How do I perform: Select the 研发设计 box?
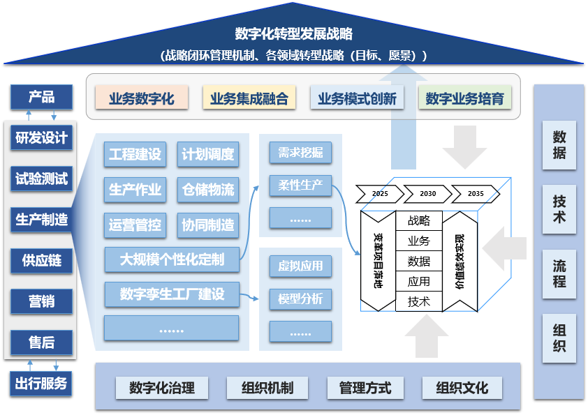pyautogui.click(x=42, y=138)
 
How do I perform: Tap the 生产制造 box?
pyautogui.click(x=42, y=220)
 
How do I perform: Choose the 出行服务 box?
pyautogui.click(x=42, y=382)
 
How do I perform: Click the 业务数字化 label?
pyautogui.click(x=141, y=98)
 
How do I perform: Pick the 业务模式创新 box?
pyautogui.click(x=357, y=98)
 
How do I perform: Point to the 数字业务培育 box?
pyautogui.click(x=464, y=98)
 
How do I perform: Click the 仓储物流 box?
pyautogui.click(x=208, y=189)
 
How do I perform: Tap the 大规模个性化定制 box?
pyautogui.click(x=172, y=259)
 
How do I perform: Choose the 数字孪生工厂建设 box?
pyautogui.click(x=172, y=294)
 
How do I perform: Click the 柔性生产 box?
pyautogui.click(x=300, y=186)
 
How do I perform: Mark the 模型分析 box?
pyautogui.click(x=300, y=299)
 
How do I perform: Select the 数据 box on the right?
pyautogui.click(x=559, y=145)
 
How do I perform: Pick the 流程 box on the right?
pyautogui.click(x=559, y=274)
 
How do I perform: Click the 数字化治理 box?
pyautogui.click(x=162, y=388)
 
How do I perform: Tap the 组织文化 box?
pyautogui.click(x=462, y=388)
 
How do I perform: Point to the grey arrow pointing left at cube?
pyautogui.click(x=504, y=248)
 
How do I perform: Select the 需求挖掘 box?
pyautogui.click(x=300, y=153)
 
